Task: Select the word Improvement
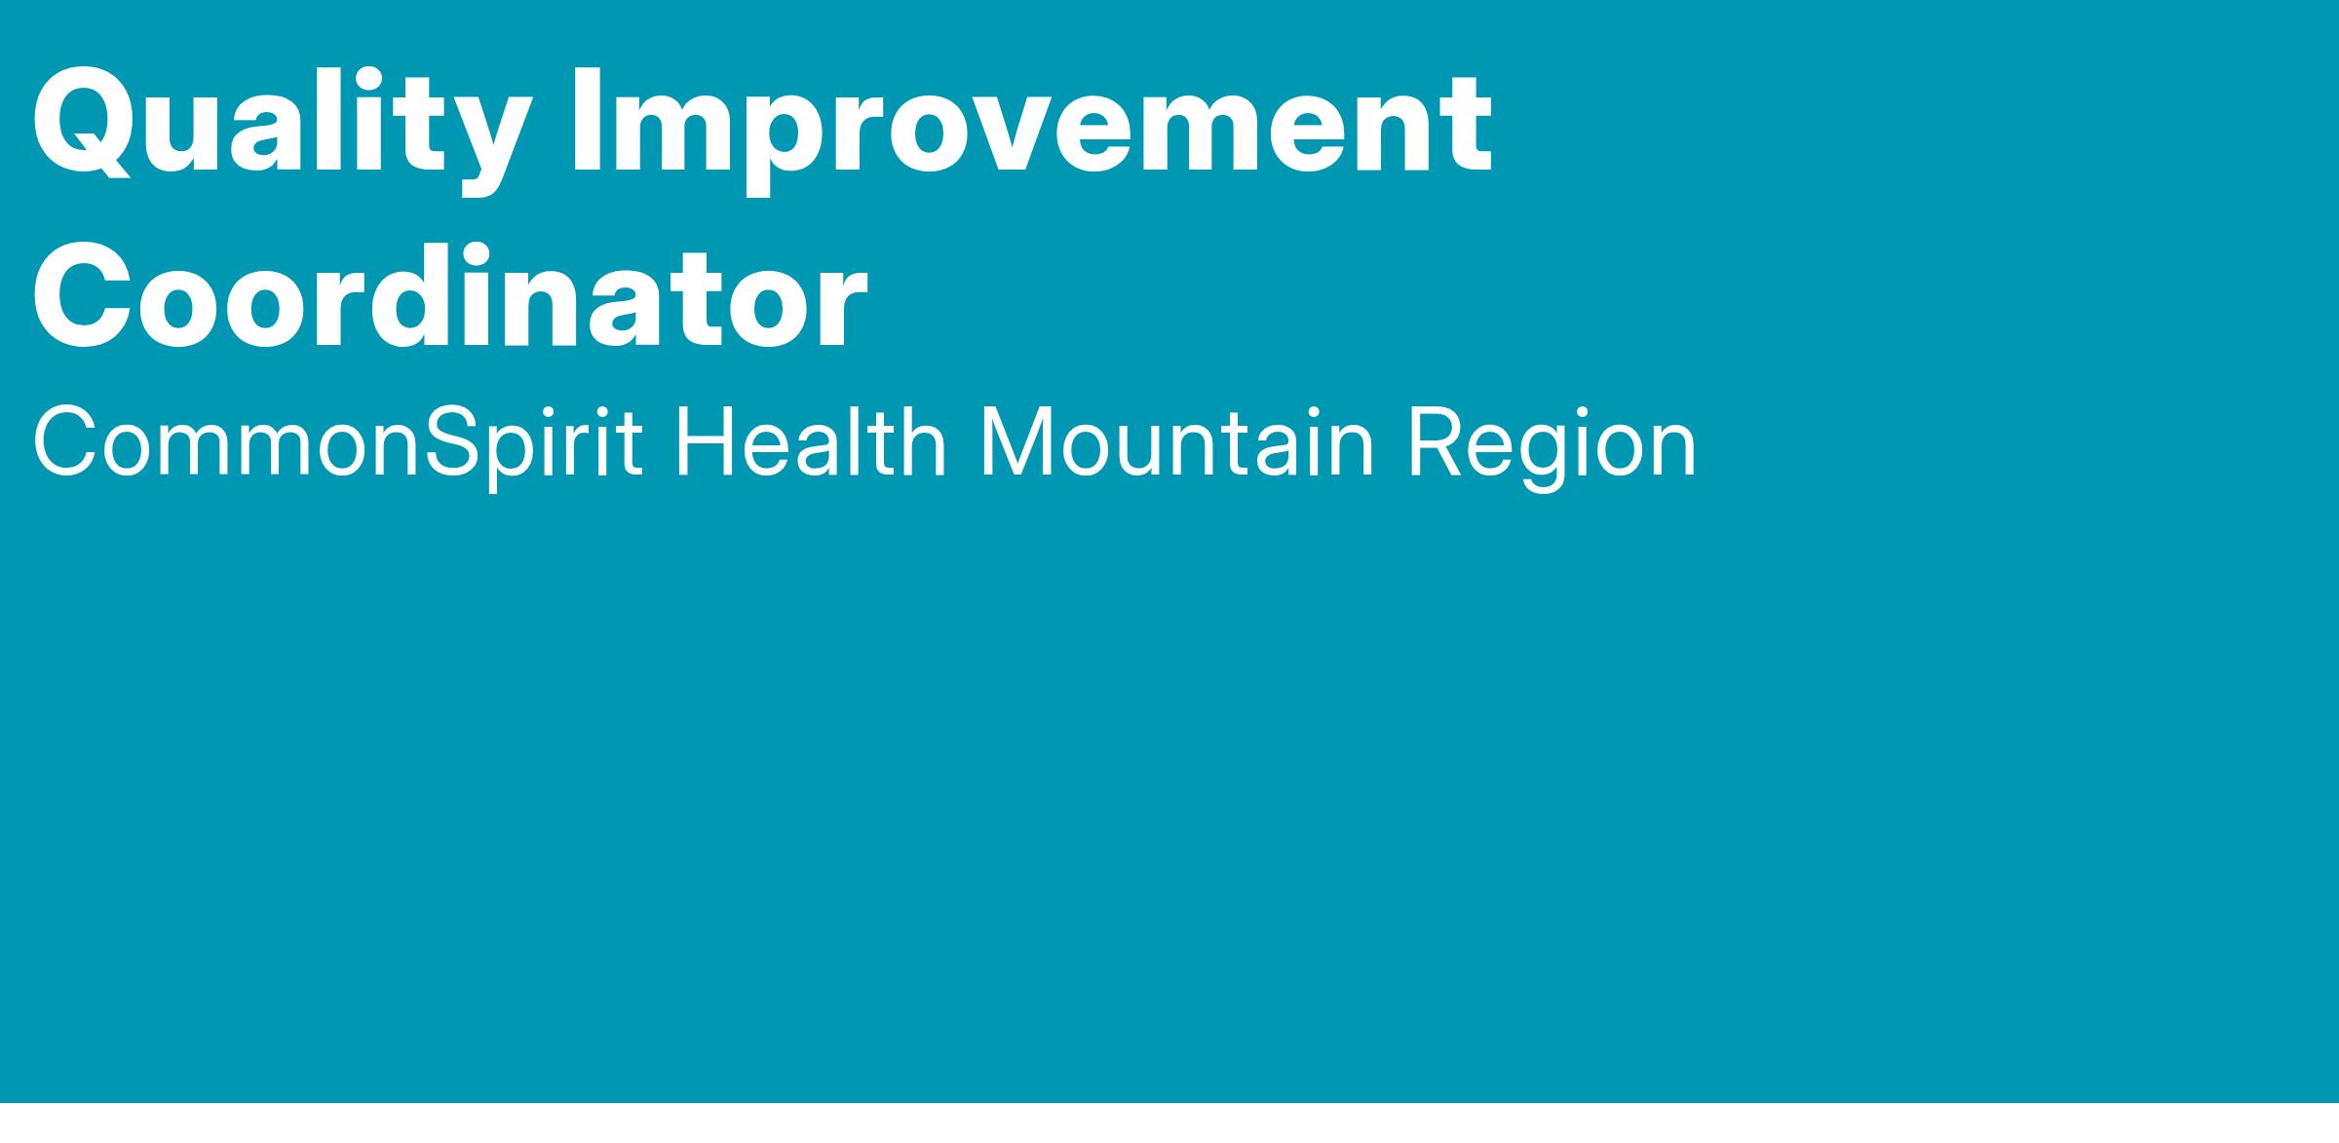pyautogui.click(x=1032, y=130)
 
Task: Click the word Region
pyautogui.click(x=1551, y=447)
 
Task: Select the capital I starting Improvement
pyautogui.click(x=588, y=121)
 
